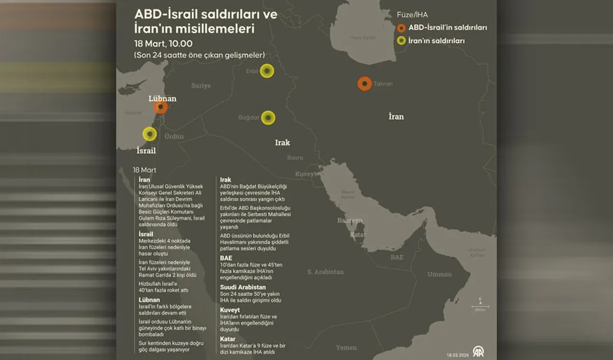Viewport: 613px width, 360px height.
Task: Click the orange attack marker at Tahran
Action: pos(365,84)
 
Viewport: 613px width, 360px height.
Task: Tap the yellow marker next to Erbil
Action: pos(267,71)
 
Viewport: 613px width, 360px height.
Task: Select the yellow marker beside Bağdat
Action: pos(268,118)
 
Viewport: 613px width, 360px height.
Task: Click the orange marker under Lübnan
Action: pos(160,107)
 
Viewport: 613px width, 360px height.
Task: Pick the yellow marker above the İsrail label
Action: pos(150,134)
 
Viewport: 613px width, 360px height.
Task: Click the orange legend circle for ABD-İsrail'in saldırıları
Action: pos(401,28)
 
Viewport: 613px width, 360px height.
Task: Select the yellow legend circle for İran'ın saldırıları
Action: pos(401,41)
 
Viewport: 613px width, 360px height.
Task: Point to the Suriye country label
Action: pos(201,86)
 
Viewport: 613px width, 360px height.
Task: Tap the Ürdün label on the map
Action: pos(174,136)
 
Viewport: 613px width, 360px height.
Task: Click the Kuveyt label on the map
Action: pos(306,174)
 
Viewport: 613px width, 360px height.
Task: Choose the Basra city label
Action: pos(295,157)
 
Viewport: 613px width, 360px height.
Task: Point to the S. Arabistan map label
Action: pos(325,272)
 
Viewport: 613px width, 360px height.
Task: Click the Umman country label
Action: pos(439,274)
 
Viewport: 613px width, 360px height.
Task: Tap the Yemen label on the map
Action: pos(346,348)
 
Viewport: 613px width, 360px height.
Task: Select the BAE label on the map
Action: pos(397,257)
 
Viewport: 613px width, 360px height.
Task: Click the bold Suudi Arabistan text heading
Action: pos(243,287)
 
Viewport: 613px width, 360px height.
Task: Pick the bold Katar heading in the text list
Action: pos(227,339)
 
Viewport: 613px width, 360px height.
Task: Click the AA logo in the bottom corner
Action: pos(478,351)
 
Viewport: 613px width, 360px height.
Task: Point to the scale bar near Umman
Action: pos(480,306)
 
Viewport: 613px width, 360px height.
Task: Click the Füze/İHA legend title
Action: pos(412,15)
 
